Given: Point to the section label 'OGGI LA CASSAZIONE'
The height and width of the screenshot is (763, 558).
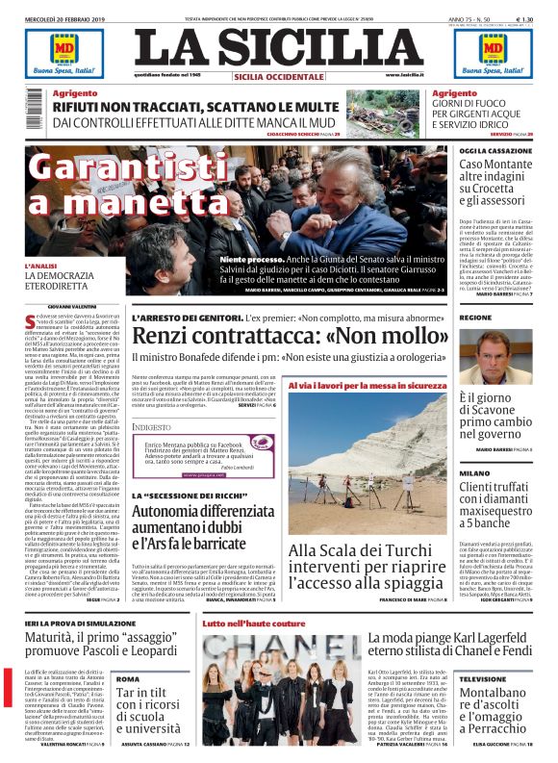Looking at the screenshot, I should [x=494, y=151].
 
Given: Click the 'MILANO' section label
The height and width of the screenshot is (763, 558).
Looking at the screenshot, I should [x=474, y=473].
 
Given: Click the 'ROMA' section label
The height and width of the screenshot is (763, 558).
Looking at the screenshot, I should [x=129, y=678].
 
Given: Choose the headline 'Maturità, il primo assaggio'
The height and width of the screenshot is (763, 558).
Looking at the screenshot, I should [x=105, y=644].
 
